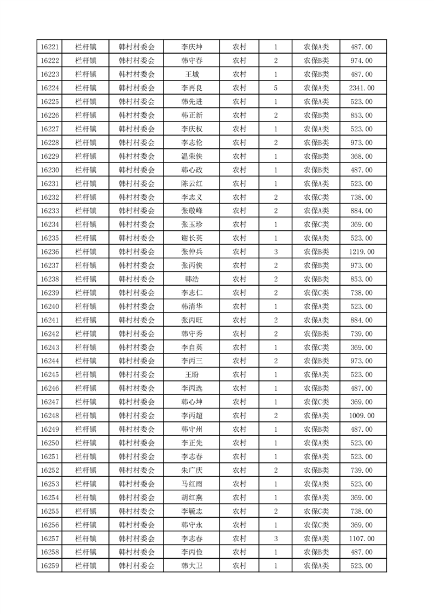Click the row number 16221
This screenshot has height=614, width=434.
pos(50,47)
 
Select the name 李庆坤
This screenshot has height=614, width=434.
pos(192,47)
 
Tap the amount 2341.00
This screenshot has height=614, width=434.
pos(361,88)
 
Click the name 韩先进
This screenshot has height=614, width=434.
pos(192,102)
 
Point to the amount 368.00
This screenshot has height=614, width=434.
pos(361,157)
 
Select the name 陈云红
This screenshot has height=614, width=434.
pos(192,184)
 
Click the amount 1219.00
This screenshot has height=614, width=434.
pos(361,252)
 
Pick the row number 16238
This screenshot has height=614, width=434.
pos(50,279)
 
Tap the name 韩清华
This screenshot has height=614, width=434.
pos(192,306)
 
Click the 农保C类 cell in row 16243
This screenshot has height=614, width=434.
pos(316,347)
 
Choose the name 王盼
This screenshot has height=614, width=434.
pos(192,375)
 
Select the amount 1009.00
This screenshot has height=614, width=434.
pos(361,416)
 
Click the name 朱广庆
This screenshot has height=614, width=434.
pos(192,470)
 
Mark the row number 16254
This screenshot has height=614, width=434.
pos(50,497)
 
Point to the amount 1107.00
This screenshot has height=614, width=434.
pos(361,538)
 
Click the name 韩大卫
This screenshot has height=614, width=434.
pos(192,566)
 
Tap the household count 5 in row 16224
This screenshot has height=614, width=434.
pos(275,88)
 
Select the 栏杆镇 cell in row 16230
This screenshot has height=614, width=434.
pos(86,170)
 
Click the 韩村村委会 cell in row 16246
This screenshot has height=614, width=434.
pos(137,389)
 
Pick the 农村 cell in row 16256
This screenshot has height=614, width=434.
pos(239,525)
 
